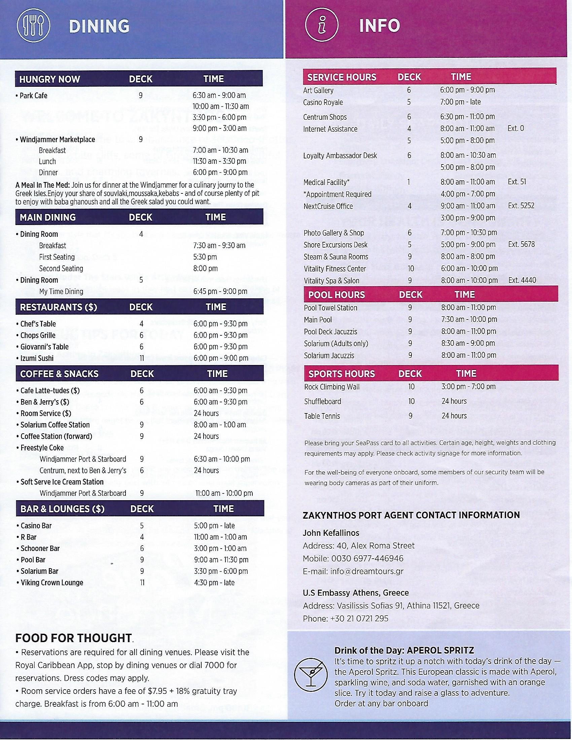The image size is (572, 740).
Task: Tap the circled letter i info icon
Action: [x=322, y=26]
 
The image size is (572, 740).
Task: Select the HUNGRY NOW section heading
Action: [x=49, y=79]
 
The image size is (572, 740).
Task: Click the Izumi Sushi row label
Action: [x=37, y=358]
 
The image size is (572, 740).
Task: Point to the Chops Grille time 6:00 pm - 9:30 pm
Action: [x=220, y=335]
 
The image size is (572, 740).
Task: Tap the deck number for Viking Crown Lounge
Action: [x=142, y=583]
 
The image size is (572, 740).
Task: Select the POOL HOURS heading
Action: [x=336, y=294]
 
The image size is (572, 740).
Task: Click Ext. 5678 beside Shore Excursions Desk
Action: [x=521, y=244]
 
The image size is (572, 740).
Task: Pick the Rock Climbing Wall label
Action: [x=332, y=386]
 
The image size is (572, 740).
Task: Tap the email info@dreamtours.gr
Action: [x=367, y=571]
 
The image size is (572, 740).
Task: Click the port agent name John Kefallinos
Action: [x=331, y=533]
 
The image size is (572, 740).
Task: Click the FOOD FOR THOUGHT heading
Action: [x=74, y=638]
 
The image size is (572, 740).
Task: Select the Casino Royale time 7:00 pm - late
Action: [x=460, y=102]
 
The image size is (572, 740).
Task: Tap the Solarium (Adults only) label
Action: [x=336, y=343]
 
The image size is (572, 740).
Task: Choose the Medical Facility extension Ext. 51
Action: [x=517, y=182]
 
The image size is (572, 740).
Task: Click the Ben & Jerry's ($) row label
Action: [x=45, y=402]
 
